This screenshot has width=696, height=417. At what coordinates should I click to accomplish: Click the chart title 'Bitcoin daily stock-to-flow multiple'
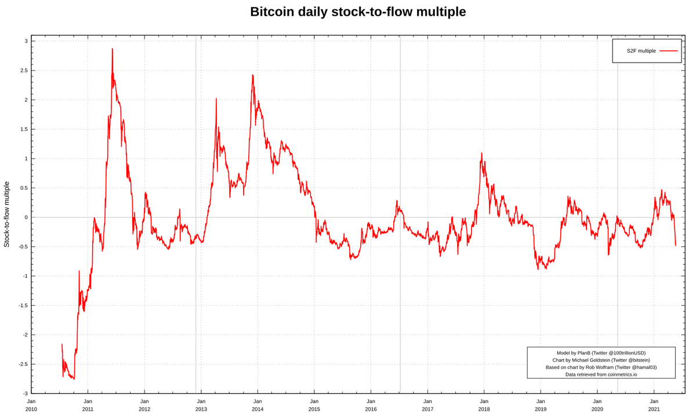pyautogui.click(x=358, y=12)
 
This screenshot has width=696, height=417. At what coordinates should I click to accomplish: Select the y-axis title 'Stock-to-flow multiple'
pyautogui.click(x=7, y=214)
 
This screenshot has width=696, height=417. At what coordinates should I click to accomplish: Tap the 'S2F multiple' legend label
pyautogui.click(x=641, y=51)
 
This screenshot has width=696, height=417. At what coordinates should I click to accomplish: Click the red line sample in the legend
pyautogui.click(x=668, y=51)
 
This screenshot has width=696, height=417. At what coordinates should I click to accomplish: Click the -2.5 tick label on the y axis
pyautogui.click(x=23, y=364)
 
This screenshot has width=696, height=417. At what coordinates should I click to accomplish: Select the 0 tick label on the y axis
pyautogui.click(x=26, y=217)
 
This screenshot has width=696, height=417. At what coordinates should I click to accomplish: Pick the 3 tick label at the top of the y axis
pyautogui.click(x=26, y=41)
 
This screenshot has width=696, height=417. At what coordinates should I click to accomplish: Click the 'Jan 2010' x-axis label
pyautogui.click(x=31, y=405)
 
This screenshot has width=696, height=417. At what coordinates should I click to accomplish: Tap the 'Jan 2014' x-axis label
pyautogui.click(x=258, y=405)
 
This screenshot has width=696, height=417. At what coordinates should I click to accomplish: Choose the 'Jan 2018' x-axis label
pyautogui.click(x=484, y=405)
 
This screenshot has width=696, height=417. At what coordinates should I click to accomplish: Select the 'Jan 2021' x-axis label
pyautogui.click(x=654, y=405)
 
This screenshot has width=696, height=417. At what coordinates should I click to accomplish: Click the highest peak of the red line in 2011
pyautogui.click(x=112, y=49)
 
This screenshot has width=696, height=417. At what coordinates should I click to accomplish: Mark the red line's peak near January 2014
pyautogui.click(x=252, y=75)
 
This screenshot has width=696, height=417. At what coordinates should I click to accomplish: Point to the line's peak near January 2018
pyautogui.click(x=481, y=153)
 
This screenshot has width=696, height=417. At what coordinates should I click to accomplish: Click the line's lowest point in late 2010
pyautogui.click(x=74, y=379)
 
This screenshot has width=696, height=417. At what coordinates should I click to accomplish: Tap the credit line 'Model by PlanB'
pyautogui.click(x=601, y=353)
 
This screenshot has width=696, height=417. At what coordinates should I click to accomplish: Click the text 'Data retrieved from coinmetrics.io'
pyautogui.click(x=601, y=374)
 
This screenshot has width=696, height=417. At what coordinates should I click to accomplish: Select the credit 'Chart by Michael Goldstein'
pyautogui.click(x=601, y=360)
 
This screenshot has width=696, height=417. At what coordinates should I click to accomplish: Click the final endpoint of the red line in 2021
pyautogui.click(x=676, y=246)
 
